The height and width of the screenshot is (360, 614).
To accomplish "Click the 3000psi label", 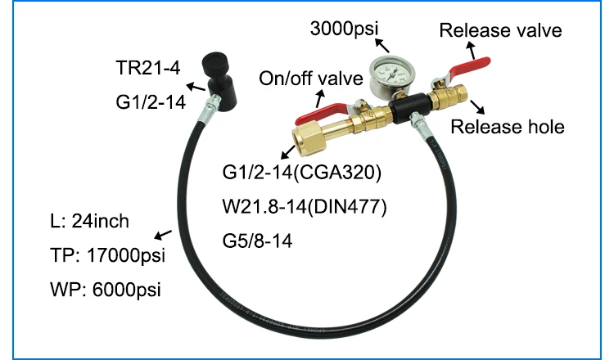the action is (346, 30).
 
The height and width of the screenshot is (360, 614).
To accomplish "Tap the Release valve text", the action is (500, 31).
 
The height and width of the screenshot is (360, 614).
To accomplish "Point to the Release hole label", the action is (508, 126).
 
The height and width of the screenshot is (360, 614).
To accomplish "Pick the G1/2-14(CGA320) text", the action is (302, 174).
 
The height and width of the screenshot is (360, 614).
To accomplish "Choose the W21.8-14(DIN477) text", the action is (305, 208).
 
